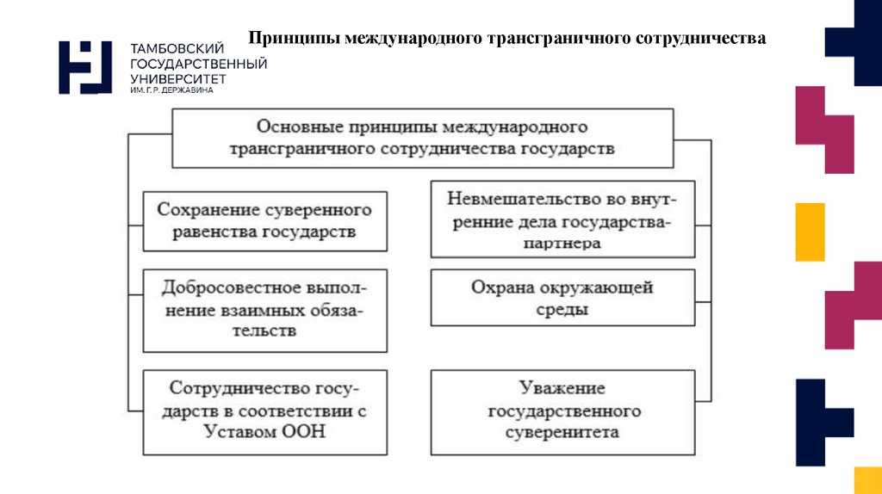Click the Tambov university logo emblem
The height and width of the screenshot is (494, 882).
(85, 66)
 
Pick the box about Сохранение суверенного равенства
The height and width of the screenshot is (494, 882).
(264, 220)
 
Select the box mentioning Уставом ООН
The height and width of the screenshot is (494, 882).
(264, 412)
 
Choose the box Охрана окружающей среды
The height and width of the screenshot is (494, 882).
(562, 298)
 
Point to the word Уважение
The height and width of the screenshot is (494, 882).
(562, 388)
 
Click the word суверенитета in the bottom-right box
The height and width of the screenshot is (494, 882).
(562, 432)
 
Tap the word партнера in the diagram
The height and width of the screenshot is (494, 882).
(562, 244)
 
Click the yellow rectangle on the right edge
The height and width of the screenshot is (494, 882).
(810, 232)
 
